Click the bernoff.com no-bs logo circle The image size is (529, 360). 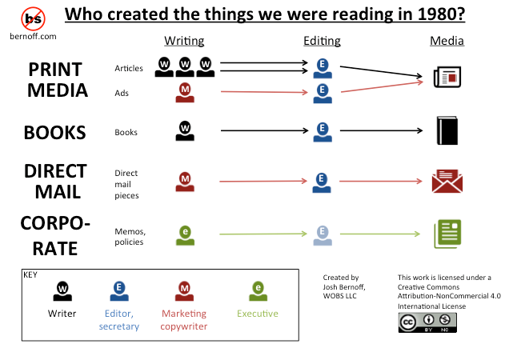click(33, 19)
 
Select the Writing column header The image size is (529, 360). click(184, 41)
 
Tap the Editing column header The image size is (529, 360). click(322, 41)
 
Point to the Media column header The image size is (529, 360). click(447, 41)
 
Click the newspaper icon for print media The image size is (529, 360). click(447, 77)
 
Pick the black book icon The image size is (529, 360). click(447, 130)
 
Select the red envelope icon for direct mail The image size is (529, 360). click(447, 181)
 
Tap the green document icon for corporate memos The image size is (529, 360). click(447, 234)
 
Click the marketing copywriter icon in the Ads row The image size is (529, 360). click(185, 93)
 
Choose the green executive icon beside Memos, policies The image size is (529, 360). click(185, 235)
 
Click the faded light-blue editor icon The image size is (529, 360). click(323, 235)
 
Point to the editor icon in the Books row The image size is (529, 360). click(323, 132)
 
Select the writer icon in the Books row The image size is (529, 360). click(185, 131)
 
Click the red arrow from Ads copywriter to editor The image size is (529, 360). click(264, 92)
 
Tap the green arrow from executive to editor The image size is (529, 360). click(263, 234)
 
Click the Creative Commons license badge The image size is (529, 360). click(427, 323)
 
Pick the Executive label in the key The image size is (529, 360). click(258, 314)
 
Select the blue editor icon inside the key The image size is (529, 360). click(119, 291)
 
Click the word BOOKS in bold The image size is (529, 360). click(54, 133)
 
